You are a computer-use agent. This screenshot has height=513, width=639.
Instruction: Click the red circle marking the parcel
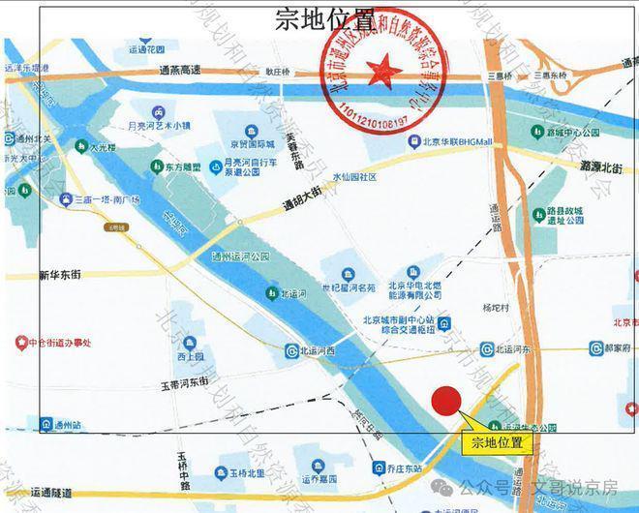point(445,402)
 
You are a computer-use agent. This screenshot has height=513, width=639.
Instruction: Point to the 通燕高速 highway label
point(181,71)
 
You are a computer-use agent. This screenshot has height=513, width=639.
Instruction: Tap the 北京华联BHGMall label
point(456,141)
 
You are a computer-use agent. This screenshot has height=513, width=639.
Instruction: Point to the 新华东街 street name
point(60,275)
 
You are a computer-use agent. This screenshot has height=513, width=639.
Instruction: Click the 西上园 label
point(191,356)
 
